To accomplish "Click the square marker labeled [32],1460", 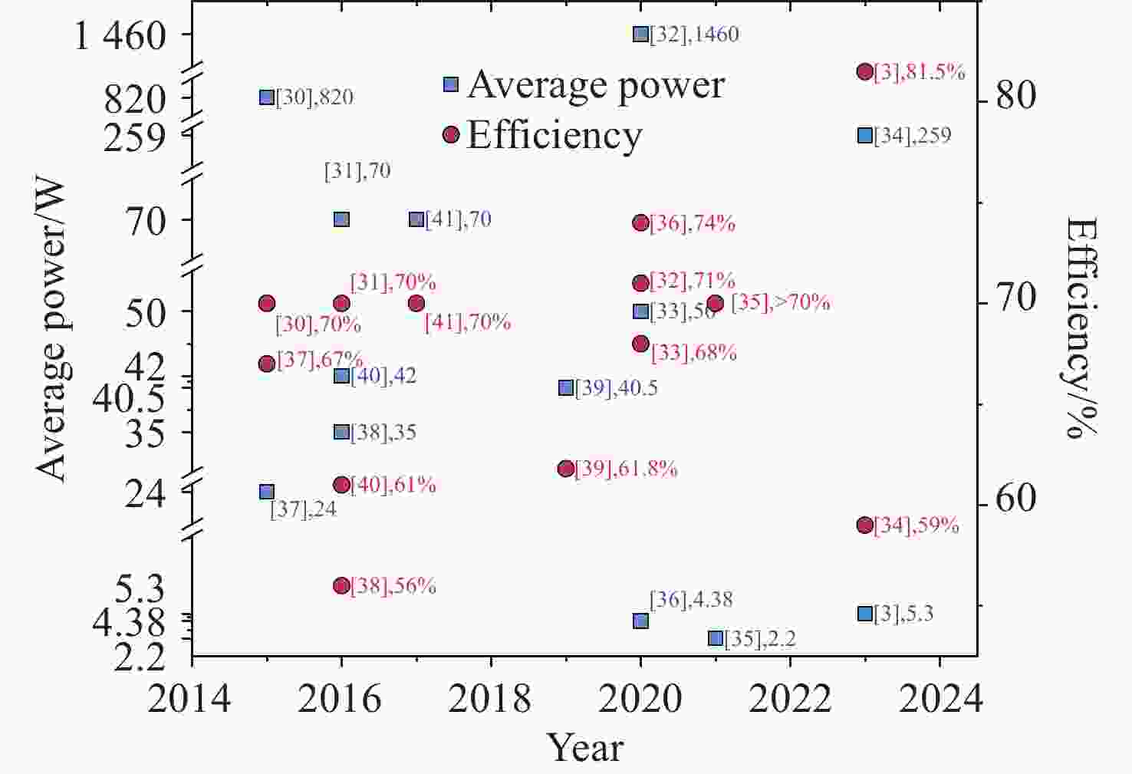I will [641, 34].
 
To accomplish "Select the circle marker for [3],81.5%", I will [865, 71].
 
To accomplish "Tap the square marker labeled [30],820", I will [267, 97].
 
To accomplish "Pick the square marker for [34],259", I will [865, 135].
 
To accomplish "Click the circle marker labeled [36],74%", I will [641, 222].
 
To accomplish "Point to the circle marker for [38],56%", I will [342, 585].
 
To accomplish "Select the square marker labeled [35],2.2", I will [716, 638].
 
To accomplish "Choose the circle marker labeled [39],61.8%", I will [566, 469].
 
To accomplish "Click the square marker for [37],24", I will [267, 492].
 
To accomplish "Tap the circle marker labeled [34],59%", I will [865, 525].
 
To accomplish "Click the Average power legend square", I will [451, 84].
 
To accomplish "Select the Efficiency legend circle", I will [451, 135].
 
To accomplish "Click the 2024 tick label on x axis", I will [940, 699].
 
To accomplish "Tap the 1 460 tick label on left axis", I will [120, 35].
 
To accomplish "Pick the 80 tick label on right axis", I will [1016, 95].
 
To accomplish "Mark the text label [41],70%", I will [468, 322].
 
